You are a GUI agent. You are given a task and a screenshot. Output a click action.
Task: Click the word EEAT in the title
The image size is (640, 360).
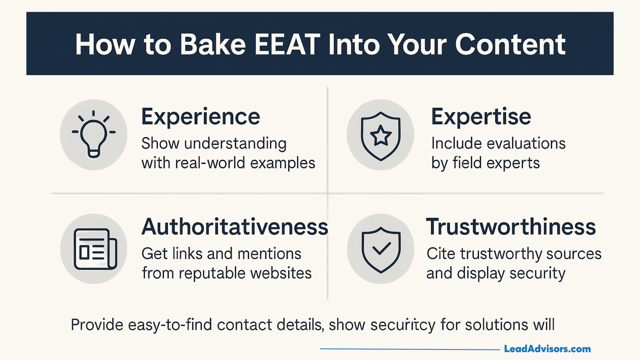pyautogui.click(x=287, y=44)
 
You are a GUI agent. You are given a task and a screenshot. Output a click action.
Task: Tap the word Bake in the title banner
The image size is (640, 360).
pyautogui.click(x=213, y=44)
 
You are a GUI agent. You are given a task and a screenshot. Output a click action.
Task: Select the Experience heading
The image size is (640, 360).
pyautogui.click(x=200, y=117)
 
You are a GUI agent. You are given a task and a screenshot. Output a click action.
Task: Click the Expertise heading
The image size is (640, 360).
pyautogui.click(x=481, y=117)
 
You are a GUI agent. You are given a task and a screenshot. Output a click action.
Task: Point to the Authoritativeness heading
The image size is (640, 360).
pyautogui.click(x=235, y=227)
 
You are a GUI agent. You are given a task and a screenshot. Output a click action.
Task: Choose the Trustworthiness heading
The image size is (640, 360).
pyautogui.click(x=511, y=227)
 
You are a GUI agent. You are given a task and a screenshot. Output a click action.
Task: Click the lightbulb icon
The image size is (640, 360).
pyautogui.click(x=94, y=135)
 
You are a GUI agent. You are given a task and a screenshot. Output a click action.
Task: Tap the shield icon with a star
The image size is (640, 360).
pyautogui.click(x=381, y=135)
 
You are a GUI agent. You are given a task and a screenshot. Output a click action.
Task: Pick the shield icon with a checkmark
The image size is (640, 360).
pyautogui.click(x=381, y=249)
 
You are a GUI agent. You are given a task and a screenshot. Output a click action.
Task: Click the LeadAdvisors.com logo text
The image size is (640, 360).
pyautogui.click(x=547, y=349)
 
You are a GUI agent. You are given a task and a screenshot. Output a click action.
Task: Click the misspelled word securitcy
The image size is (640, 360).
pyautogui.click(x=402, y=325)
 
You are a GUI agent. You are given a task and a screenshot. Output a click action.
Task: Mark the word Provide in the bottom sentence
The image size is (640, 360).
pyautogui.click(x=97, y=325)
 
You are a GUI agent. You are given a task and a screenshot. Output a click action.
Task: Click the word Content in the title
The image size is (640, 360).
pyautogui.click(x=510, y=44)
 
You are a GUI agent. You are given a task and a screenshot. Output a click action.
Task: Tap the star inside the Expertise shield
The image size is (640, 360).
pyautogui.click(x=381, y=135)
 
